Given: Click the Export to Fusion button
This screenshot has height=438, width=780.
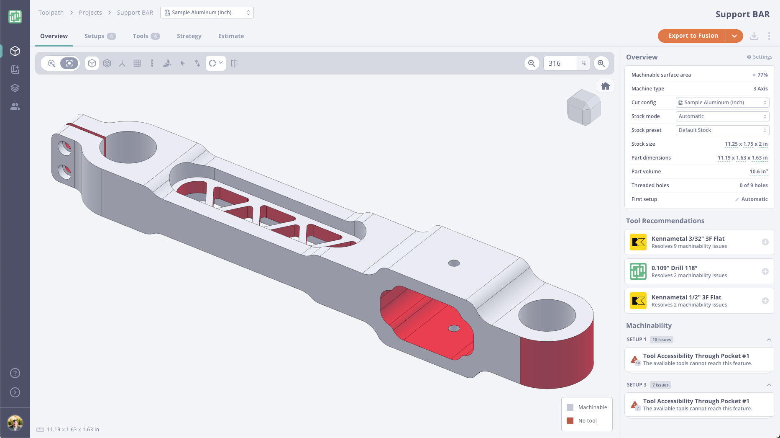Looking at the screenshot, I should (693, 36).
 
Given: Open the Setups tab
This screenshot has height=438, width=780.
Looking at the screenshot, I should (100, 36).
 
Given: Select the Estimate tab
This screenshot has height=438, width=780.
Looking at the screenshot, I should (231, 36).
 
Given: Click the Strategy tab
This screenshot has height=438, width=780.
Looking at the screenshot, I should (189, 36).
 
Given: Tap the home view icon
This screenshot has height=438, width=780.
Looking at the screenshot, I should (605, 86).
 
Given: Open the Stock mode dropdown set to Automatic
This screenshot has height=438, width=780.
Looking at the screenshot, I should (722, 116).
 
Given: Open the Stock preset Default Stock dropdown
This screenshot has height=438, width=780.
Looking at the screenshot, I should (722, 130).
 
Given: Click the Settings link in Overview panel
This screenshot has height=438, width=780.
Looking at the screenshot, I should (760, 57).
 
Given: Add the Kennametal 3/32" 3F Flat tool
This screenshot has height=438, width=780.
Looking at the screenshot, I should (765, 242).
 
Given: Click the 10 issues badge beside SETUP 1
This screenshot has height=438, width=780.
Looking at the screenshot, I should (661, 340).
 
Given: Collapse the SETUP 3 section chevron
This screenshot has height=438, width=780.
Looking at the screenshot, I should (769, 385).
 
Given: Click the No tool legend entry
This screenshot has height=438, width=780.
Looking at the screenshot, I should (587, 421).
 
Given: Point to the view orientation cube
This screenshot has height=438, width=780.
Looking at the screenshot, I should (583, 107).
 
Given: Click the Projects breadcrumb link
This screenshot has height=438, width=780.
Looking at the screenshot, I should (90, 13).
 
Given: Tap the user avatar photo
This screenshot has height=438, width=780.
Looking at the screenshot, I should (15, 423).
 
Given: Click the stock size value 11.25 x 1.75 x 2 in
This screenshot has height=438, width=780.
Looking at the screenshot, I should (746, 144).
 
